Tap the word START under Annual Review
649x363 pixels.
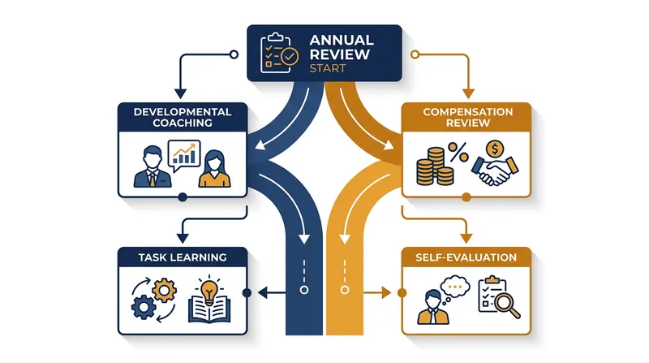328,68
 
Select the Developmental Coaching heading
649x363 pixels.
183,117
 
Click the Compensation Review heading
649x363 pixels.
468,117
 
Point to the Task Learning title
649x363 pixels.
183,257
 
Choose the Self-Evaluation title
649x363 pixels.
466,257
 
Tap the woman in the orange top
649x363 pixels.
214,169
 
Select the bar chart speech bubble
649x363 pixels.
184,155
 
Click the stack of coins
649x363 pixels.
435,166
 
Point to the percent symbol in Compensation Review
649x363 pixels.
458,153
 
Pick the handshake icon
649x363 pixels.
495,171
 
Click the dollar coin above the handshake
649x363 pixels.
495,149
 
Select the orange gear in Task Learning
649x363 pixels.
165,291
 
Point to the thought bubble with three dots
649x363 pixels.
454,287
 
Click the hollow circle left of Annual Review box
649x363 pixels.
234,54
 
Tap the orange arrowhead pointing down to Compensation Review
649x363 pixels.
468,93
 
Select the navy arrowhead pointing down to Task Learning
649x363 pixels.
183,238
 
